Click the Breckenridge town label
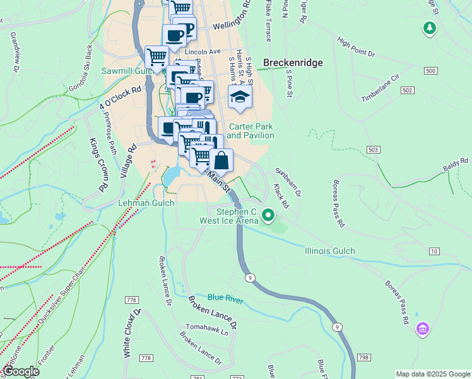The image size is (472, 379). (293, 63)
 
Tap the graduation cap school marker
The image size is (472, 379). (240, 97)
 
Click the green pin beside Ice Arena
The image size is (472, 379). (268, 217)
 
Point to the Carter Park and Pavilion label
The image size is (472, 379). (251, 131)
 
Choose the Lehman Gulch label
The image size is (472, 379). (146, 203)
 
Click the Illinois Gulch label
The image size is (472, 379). (329, 251)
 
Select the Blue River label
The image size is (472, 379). (225, 298)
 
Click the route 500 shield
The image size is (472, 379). (430, 71)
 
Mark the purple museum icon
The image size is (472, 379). (423, 329)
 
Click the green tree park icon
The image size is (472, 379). (430, 28)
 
